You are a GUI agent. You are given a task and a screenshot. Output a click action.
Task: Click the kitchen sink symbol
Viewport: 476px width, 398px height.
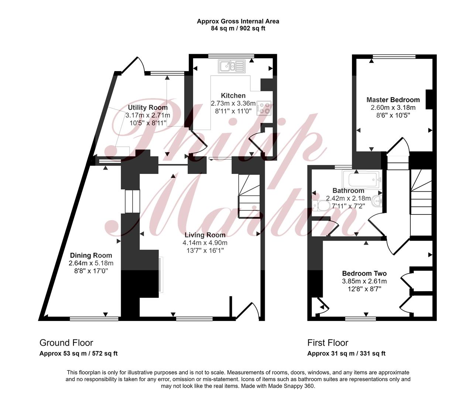click(x=232, y=66)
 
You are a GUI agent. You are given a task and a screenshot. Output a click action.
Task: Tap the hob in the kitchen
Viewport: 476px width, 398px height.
click(x=264, y=108)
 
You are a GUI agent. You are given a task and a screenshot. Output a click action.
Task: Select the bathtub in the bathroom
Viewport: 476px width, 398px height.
click(x=362, y=180)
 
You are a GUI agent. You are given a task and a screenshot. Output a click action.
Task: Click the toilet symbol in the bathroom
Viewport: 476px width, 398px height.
click(x=321, y=206)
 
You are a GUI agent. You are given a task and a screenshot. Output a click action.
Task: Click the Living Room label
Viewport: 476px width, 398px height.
click(x=205, y=235)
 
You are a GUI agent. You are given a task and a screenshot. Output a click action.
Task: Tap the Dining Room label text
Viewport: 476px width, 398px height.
click(x=91, y=255)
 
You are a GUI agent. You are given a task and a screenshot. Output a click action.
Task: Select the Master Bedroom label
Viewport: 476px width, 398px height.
click(x=393, y=99)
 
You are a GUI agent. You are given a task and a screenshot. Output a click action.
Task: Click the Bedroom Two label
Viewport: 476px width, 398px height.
click(x=364, y=273)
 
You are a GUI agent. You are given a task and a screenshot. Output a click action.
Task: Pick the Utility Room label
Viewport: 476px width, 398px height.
click(x=148, y=107)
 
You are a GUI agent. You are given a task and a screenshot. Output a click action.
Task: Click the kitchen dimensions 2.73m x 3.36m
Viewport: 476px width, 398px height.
click(x=233, y=104)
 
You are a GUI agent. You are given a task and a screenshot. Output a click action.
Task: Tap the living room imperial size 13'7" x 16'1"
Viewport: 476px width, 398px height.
click(x=205, y=251)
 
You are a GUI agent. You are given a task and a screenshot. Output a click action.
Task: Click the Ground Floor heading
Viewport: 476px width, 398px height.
click(x=66, y=343)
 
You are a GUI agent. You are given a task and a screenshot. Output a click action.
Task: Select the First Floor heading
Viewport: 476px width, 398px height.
click(x=328, y=343)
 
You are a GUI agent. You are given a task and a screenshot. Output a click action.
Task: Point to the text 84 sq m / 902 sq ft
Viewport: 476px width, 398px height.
click(x=238, y=29)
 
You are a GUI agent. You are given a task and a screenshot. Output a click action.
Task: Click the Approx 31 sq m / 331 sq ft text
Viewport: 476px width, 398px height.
click(x=346, y=353)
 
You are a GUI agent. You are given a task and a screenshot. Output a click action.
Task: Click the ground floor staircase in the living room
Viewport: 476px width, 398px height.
click(x=249, y=196)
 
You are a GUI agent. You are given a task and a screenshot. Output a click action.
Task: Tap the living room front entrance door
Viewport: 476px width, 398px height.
click(x=248, y=311)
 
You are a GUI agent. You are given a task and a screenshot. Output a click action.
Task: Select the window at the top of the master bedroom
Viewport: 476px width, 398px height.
click(x=394, y=56)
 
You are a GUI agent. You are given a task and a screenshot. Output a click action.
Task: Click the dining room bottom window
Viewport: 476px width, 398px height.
click(x=94, y=319)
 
